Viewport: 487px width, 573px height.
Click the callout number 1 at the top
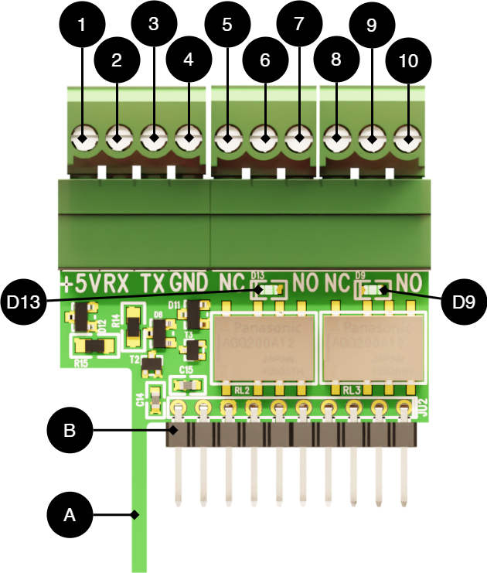pos(81,25)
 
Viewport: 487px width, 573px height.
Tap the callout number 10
pos(407,61)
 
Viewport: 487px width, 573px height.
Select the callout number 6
pos(264,60)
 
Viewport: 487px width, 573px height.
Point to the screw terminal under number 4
pos(188,139)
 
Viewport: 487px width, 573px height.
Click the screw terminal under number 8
pos(335,139)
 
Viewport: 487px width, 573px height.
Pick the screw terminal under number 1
pos(82,139)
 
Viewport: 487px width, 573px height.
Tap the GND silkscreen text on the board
pos(189,283)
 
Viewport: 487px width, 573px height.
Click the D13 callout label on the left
pos(23,302)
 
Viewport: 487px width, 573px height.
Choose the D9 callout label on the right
pos(463,302)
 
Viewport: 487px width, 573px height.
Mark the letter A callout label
pos(70,514)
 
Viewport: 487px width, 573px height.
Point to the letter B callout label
pos(70,431)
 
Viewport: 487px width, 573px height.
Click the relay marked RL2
pos(264,348)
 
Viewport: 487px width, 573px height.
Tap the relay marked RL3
pos(374,348)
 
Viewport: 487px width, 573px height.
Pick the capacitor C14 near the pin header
pos(155,399)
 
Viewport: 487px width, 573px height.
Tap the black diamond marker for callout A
pos(135,514)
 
